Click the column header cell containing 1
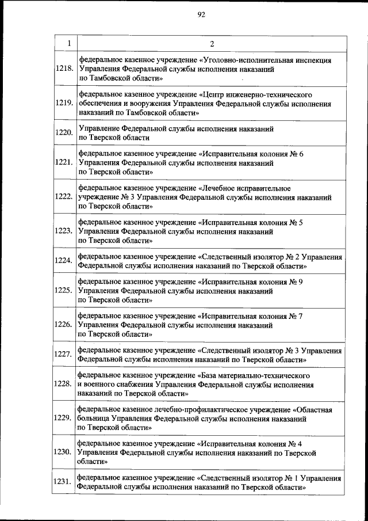click(x=68, y=44)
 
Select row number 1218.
click(x=64, y=68)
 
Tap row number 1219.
click(x=64, y=104)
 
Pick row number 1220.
click(x=64, y=133)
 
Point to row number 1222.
click(x=64, y=197)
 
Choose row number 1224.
click(x=64, y=260)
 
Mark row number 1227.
click(x=64, y=354)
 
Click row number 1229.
click(x=64, y=418)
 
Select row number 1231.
click(x=64, y=482)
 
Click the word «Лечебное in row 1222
click(x=218, y=188)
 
